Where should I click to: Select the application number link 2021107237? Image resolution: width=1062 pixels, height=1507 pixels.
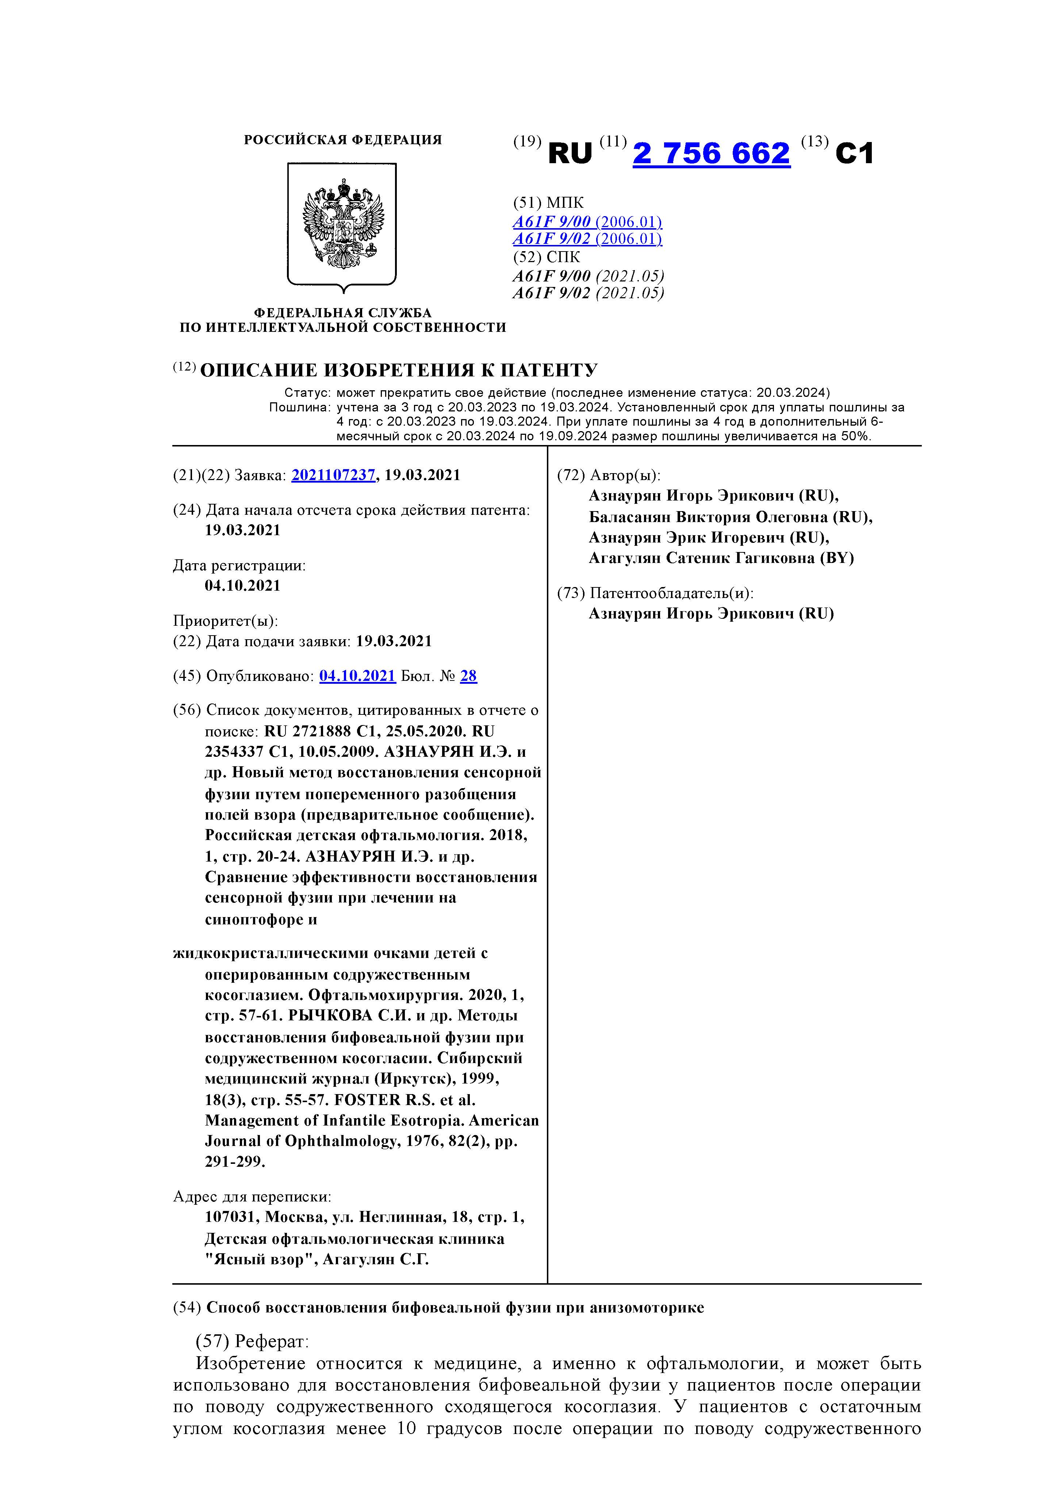(x=333, y=475)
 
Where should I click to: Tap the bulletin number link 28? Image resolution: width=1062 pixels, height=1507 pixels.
(x=469, y=676)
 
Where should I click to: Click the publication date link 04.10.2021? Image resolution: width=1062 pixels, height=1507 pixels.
(x=358, y=676)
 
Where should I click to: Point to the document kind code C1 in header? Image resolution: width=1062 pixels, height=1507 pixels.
(x=855, y=154)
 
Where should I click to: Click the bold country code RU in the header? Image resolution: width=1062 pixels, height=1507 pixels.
(x=570, y=154)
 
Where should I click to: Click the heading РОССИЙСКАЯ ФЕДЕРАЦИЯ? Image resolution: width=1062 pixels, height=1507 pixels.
(x=343, y=140)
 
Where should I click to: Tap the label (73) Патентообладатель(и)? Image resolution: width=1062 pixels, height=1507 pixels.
(x=655, y=593)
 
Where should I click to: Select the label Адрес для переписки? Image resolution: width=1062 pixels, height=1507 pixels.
(x=252, y=1197)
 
